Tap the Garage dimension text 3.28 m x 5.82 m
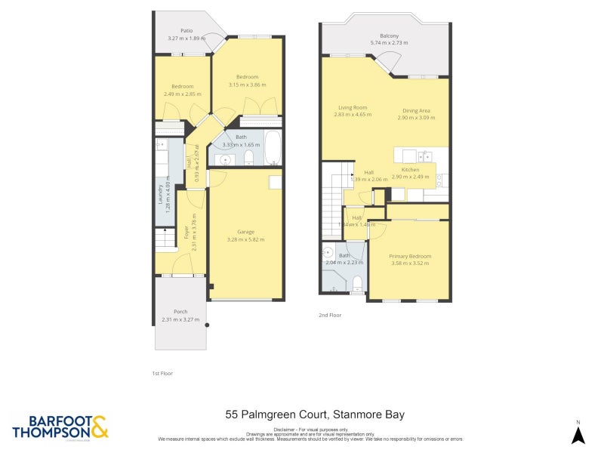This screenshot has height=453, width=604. (246, 239)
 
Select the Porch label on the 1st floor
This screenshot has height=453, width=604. (180, 312)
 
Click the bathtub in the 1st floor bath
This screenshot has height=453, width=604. (272, 147)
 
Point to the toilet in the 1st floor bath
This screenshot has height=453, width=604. (248, 157)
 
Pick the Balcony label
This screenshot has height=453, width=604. (389, 35)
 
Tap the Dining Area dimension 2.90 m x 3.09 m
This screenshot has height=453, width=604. (418, 118)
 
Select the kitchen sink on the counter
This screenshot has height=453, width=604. (426, 157)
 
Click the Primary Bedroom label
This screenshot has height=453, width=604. (410, 256)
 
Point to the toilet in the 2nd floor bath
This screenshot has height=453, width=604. (358, 283)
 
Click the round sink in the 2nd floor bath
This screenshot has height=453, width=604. (328, 253)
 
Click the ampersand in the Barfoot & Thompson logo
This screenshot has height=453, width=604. (100, 427)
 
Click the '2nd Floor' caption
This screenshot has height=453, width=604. (330, 315)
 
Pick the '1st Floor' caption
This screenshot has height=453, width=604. (162, 373)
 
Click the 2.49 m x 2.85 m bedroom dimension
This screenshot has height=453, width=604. (182, 94)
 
